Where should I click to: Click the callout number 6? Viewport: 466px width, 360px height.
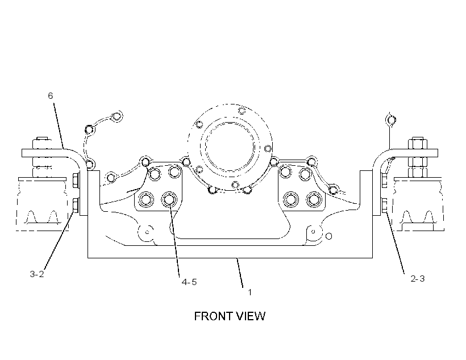(50, 95)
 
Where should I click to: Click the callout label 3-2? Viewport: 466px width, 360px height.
(37, 274)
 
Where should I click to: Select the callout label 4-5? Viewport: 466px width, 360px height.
(189, 282)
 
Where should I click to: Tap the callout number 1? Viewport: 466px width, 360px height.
(250, 292)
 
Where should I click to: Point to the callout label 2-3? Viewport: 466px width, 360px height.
(418, 279)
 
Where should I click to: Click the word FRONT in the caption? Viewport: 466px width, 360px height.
(211, 316)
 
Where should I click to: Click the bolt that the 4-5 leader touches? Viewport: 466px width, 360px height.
(169, 199)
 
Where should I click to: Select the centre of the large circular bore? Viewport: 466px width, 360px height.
(230, 147)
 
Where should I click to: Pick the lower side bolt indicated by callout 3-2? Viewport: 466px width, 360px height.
(76, 205)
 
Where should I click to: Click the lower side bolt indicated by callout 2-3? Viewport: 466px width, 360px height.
(384, 205)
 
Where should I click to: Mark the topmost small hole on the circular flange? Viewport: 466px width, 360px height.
(242, 111)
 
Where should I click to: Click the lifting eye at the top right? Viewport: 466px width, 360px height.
(390, 120)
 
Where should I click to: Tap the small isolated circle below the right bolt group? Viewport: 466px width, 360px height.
(328, 236)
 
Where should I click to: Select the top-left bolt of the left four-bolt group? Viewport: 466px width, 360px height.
(155, 173)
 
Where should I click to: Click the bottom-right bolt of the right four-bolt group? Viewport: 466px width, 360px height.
(314, 199)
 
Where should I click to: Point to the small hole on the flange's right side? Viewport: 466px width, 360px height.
(268, 148)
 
